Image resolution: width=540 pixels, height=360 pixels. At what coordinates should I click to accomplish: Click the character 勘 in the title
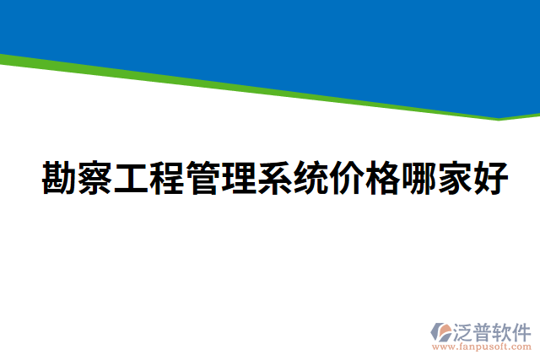[58, 179]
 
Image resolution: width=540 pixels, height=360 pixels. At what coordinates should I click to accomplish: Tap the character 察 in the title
[95, 179]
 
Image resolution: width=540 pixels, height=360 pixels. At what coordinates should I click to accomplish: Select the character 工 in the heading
[131, 179]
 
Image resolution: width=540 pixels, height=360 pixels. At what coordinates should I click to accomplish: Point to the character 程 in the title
[167, 179]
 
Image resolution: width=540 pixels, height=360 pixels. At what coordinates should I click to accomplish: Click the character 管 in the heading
[203, 179]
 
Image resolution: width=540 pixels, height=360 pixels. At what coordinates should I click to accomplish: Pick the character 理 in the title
[240, 179]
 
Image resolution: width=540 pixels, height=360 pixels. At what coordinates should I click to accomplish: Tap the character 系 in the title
[275, 179]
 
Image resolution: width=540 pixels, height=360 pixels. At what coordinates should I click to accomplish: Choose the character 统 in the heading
[311, 179]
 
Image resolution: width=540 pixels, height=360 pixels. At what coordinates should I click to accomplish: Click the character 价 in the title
[348, 179]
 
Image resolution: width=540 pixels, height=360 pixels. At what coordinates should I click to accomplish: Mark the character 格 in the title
[384, 179]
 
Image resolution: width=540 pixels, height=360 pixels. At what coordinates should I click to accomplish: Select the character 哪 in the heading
[419, 179]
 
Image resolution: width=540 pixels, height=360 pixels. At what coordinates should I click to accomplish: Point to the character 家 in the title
[456, 179]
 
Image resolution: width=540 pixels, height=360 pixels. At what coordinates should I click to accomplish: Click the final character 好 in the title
[491, 179]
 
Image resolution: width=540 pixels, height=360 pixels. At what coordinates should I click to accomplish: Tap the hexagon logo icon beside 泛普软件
[441, 331]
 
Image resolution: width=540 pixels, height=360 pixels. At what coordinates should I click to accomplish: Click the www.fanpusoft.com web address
[480, 347]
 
